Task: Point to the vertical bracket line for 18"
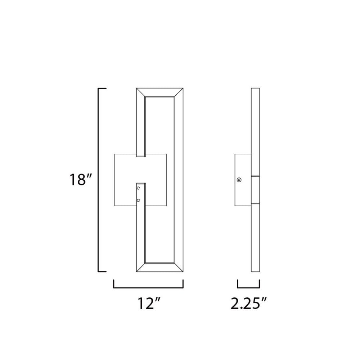[x=99, y=180]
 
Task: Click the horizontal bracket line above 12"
[x=148, y=288]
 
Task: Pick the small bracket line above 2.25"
[x=248, y=288]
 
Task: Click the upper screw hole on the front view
[x=139, y=187]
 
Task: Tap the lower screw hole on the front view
[x=139, y=199]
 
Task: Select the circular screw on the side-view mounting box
[x=239, y=180]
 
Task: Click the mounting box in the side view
[x=243, y=180]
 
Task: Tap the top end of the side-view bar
[x=255, y=89]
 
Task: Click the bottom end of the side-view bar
[x=255, y=271]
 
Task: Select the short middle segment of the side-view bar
[x=255, y=189]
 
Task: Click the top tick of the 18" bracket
[x=102, y=88]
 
